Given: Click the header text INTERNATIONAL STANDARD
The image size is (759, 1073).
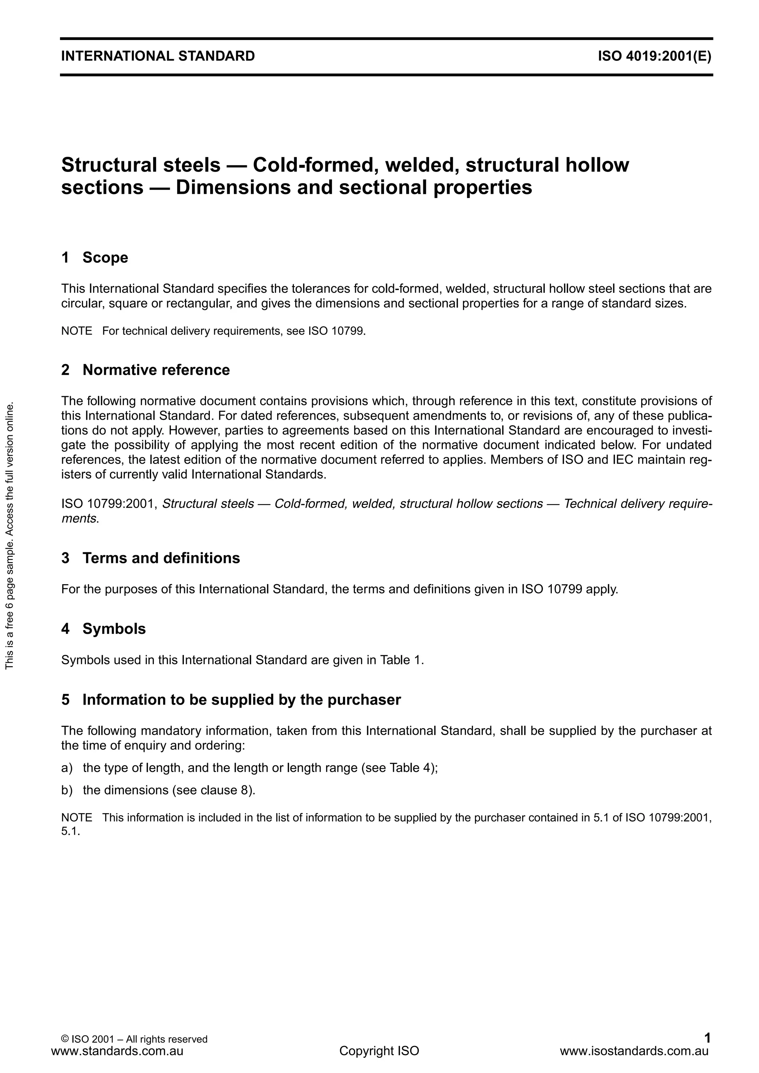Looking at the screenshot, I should pos(158,57).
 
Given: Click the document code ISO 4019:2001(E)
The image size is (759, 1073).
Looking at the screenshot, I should pos(654,57).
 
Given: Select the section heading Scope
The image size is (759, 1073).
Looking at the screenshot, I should pos(105,258).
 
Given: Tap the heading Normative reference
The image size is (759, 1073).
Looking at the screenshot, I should pos(156,370).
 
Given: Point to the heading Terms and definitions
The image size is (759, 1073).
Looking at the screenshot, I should pos(161,558).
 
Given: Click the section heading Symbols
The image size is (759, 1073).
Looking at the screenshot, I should pos(114,629).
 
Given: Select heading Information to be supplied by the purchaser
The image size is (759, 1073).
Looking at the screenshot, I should pos(242,700).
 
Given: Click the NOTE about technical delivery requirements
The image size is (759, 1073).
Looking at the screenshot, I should pos(213,331).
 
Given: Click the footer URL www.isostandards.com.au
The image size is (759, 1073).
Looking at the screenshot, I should pos(634,1052).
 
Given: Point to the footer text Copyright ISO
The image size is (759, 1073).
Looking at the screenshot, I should pos(379,1052).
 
